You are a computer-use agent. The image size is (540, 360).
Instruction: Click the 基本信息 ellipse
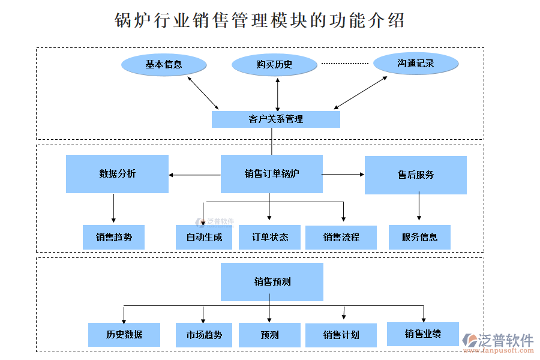tap(164, 64)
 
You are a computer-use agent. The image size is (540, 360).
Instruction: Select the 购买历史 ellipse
tap(274, 65)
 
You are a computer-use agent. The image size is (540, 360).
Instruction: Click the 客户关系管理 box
tap(275, 119)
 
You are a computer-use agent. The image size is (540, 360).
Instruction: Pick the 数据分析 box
tap(117, 174)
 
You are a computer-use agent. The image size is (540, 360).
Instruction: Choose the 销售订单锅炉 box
tap(271, 174)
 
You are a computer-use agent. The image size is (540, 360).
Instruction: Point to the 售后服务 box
tap(415, 175)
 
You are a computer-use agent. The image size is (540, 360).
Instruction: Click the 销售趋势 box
tap(114, 237)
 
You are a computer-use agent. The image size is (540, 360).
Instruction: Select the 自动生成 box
tap(204, 237)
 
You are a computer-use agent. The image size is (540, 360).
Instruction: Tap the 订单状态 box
tap(270, 237)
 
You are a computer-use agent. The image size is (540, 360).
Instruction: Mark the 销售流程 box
tap(341, 237)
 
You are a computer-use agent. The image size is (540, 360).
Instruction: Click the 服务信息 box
tap(419, 237)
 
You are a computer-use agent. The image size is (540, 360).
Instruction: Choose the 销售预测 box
tap(272, 281)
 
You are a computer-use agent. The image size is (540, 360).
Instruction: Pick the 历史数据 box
tap(124, 334)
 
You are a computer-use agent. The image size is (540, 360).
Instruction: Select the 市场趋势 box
tap(204, 335)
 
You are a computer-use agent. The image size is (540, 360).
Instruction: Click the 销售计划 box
tap(341, 335)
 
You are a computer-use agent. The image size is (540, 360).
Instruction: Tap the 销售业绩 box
tap(422, 334)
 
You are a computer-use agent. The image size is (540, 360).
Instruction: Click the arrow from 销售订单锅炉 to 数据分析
tap(194, 175)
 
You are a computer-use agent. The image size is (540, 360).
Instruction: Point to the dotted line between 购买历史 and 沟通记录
tap(344, 64)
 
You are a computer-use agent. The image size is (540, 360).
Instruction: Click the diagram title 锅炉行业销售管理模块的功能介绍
tap(259, 20)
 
